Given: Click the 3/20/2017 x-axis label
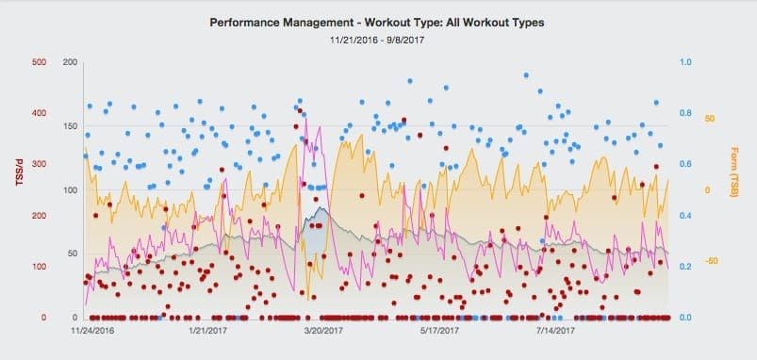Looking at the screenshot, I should [324, 331].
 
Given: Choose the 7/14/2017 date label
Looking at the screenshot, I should [554, 331].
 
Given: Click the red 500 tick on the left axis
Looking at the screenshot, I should [39, 63].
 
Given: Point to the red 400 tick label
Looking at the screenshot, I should [39, 114].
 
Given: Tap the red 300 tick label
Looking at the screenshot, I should [39, 165].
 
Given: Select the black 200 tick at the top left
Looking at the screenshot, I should [69, 63].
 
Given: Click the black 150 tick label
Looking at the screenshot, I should [69, 126].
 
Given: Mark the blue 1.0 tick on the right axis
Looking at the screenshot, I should [685, 63].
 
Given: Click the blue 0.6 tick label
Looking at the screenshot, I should [685, 165].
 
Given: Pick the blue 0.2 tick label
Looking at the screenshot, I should [685, 267].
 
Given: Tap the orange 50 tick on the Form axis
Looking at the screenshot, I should [710, 119].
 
